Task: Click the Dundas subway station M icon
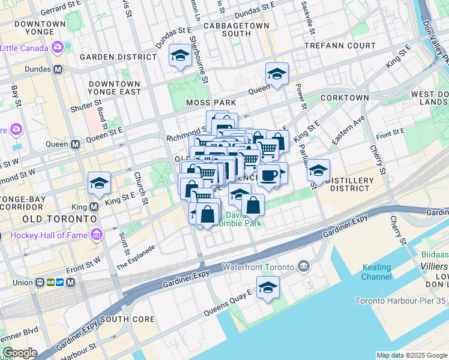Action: coord(58,69)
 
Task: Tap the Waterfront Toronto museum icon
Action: coord(304,266)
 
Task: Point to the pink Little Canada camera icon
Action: coord(58,46)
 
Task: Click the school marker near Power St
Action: coord(277,74)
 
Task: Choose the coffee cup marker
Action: coord(269,175)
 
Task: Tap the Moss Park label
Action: coord(211,103)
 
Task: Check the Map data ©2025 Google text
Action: coord(411,355)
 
